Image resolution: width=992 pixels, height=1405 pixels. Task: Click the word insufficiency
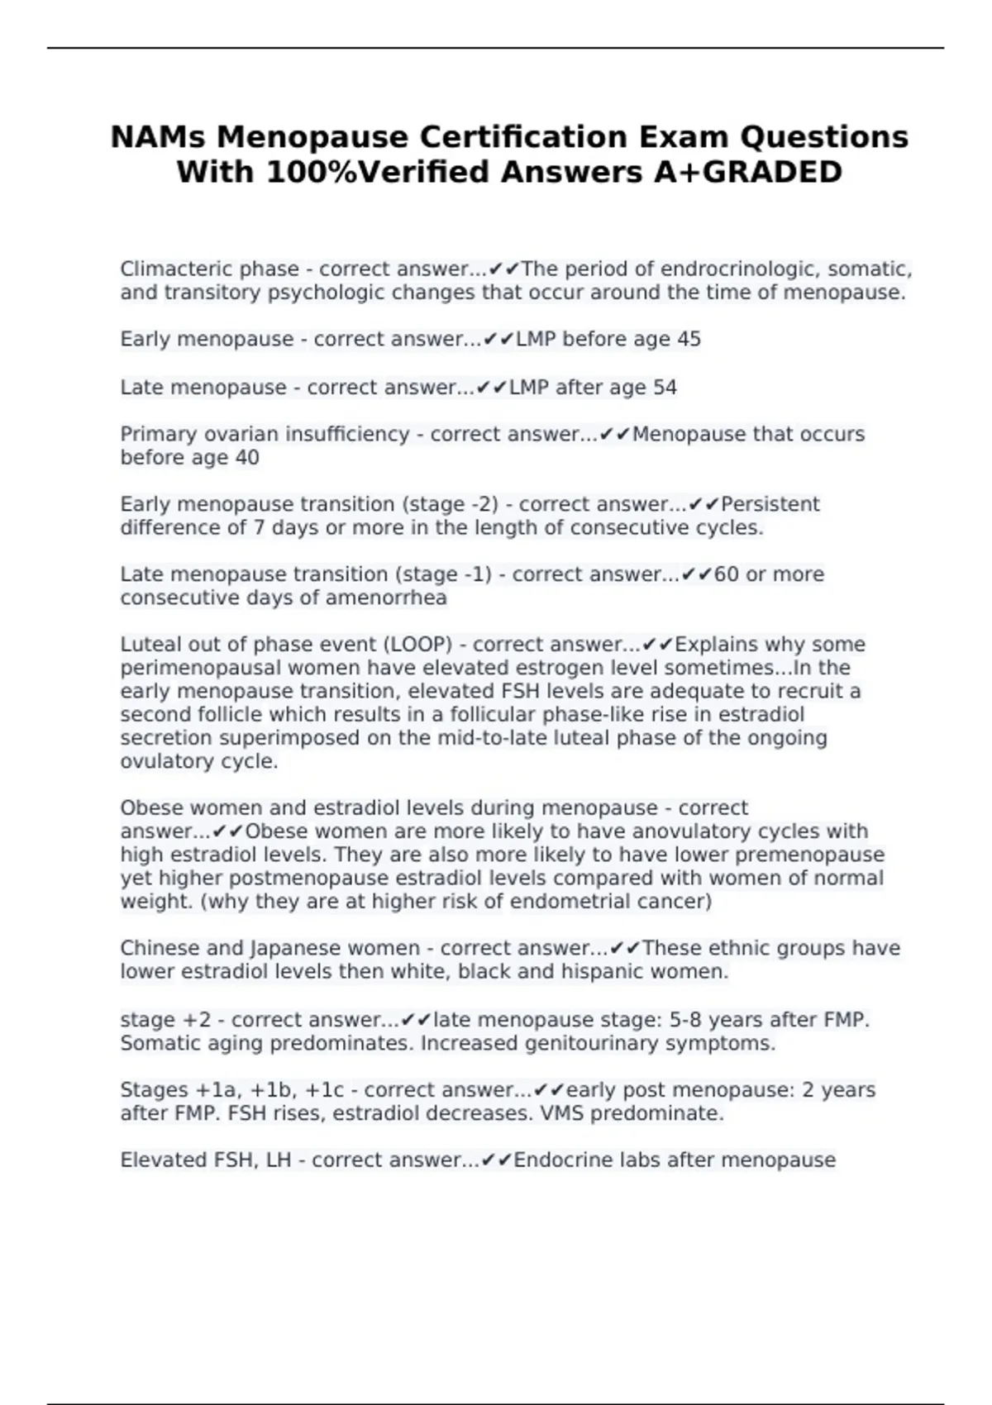(347, 435)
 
